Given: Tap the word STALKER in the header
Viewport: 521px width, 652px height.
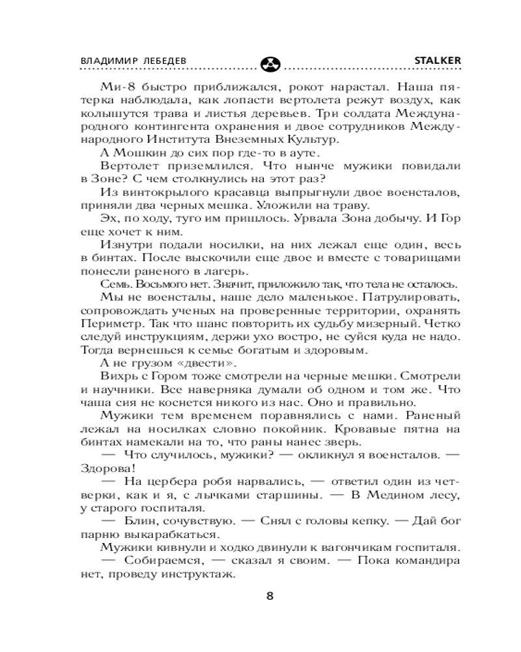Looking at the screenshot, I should (438, 59).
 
